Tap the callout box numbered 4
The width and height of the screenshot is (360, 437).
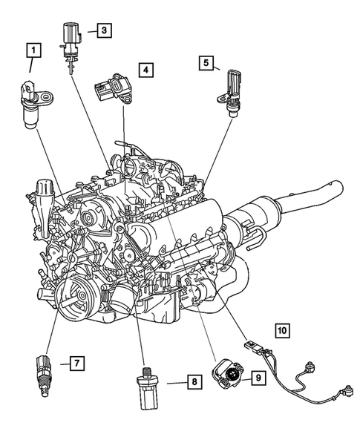point(147,71)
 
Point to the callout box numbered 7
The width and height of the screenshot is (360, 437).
point(75,363)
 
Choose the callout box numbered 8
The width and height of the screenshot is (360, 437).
point(192,382)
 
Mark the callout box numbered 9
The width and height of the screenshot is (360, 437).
point(258,378)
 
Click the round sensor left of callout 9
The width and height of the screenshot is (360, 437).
point(227,378)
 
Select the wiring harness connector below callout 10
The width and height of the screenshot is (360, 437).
point(254,348)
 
